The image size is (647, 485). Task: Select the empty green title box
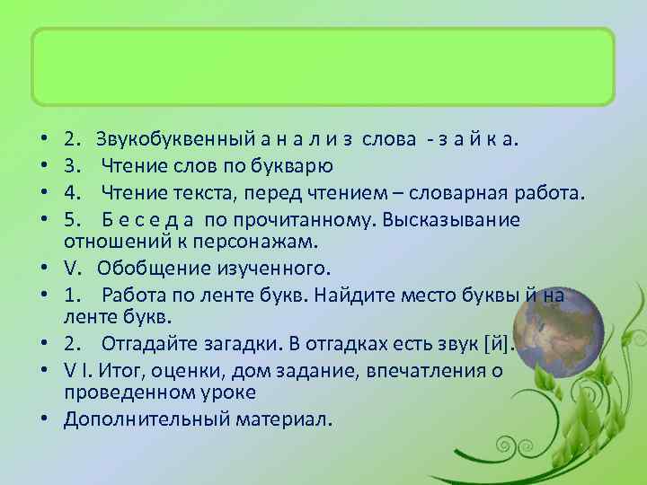pos(323,67)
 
